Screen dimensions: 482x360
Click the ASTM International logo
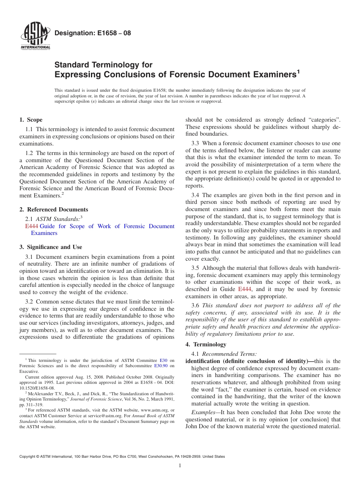[35, 36]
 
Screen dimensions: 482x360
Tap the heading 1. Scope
[31, 120]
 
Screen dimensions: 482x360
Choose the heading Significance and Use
[55, 247]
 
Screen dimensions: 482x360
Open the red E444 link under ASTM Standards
[31, 226]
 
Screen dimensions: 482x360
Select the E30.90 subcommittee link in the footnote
[161, 366]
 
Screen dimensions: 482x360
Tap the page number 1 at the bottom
[180, 466]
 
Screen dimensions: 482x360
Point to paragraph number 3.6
[196, 305]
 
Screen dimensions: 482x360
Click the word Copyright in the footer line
[29, 457]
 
